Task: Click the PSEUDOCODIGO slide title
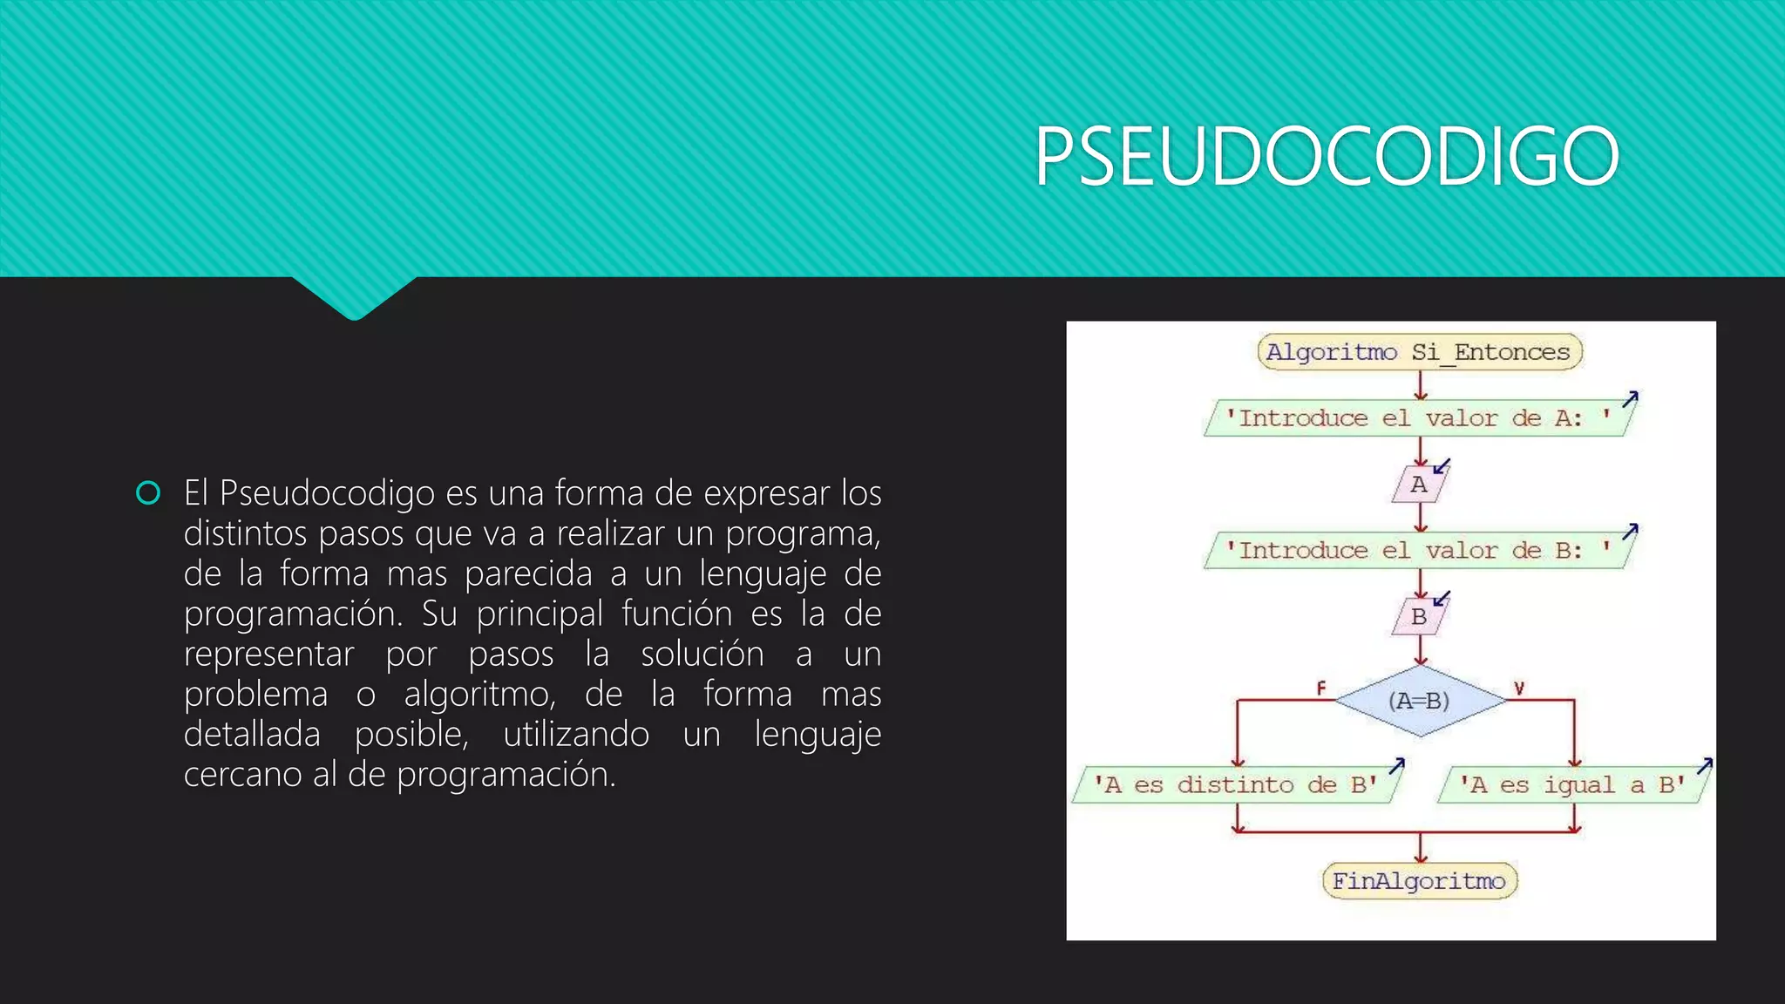[x=1327, y=156]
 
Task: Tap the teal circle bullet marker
[x=149, y=493]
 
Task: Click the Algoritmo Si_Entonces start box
[x=1419, y=352]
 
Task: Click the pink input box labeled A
[x=1419, y=485]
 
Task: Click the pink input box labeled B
[x=1419, y=617]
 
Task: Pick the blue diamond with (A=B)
[x=1420, y=701]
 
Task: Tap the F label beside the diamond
[x=1321, y=689]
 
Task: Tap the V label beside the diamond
[x=1519, y=689]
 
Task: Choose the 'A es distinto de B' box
[x=1235, y=785]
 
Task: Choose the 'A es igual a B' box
[x=1572, y=785]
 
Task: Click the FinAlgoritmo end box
[x=1419, y=881]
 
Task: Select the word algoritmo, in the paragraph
[x=479, y=695]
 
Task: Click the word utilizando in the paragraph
[x=576, y=735]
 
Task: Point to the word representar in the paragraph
[x=268, y=655]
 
